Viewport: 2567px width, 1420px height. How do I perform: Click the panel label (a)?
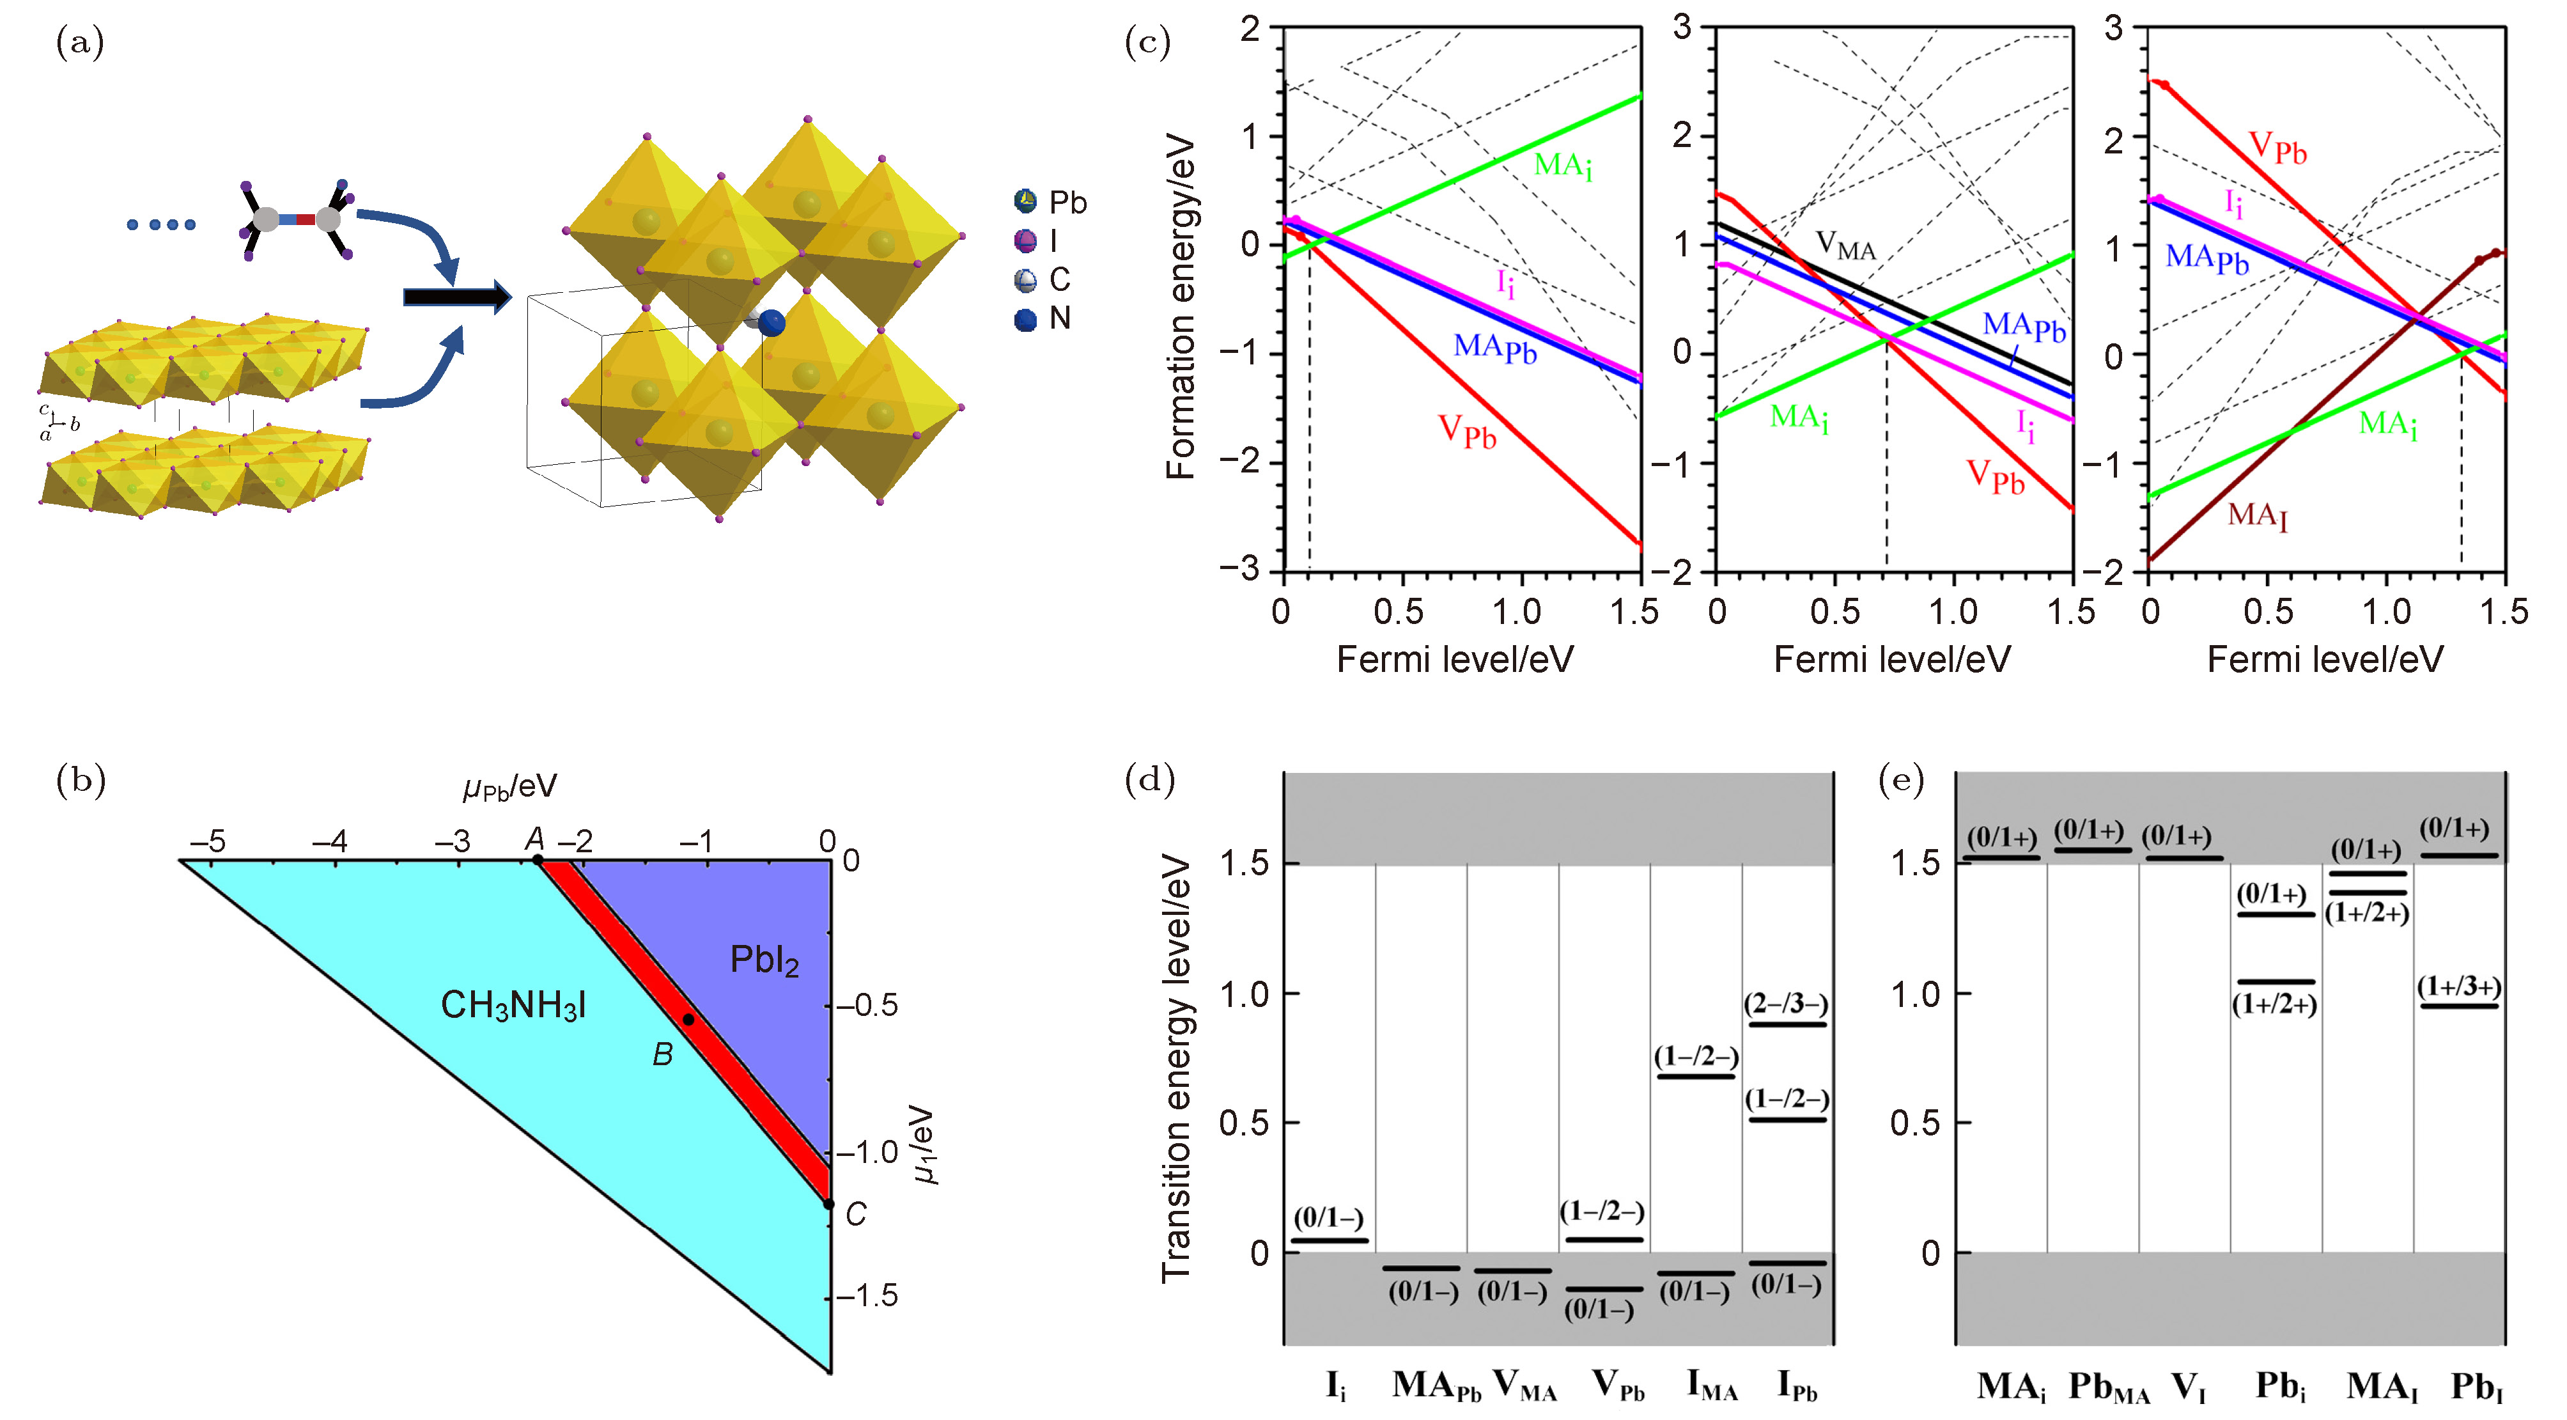tap(80, 43)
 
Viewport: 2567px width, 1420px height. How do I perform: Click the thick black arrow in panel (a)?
tap(456, 297)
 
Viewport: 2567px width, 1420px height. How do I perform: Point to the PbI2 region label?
tap(764, 960)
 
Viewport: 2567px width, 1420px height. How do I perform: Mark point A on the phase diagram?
tap(537, 859)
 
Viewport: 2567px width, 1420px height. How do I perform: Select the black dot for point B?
tap(688, 1019)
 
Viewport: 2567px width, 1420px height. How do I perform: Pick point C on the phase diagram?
tap(828, 1204)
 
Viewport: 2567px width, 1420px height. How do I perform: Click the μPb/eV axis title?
tap(509, 787)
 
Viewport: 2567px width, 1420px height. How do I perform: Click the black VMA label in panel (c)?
tap(1845, 245)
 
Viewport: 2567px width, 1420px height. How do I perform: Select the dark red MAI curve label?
tap(2257, 515)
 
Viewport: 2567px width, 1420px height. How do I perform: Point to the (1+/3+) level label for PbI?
tap(2458, 987)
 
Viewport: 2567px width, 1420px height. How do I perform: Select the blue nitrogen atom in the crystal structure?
tap(772, 323)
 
